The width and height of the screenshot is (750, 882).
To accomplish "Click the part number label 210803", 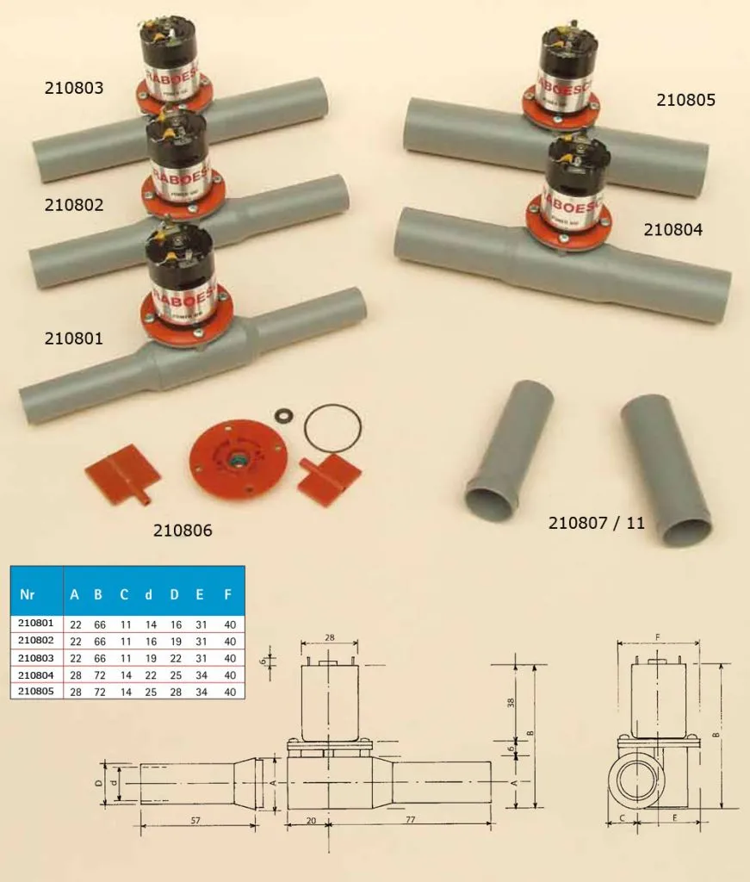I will [x=74, y=88].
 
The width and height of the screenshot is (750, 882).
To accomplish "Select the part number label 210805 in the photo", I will [x=685, y=100].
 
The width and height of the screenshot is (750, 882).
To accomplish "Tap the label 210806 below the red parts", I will [x=183, y=531].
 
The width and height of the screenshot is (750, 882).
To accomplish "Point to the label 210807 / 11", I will [x=596, y=522].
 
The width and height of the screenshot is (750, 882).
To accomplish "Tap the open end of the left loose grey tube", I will [x=490, y=500].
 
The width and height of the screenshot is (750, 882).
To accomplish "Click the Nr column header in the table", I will [x=28, y=595].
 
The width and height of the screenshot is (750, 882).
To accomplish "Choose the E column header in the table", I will [x=201, y=595].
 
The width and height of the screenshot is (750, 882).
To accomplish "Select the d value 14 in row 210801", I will [x=148, y=624].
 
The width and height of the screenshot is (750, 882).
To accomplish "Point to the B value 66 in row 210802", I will [x=98, y=641].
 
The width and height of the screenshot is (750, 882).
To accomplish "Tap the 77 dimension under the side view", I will [x=410, y=820].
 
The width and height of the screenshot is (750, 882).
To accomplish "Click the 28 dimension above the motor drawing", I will [x=330, y=638].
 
